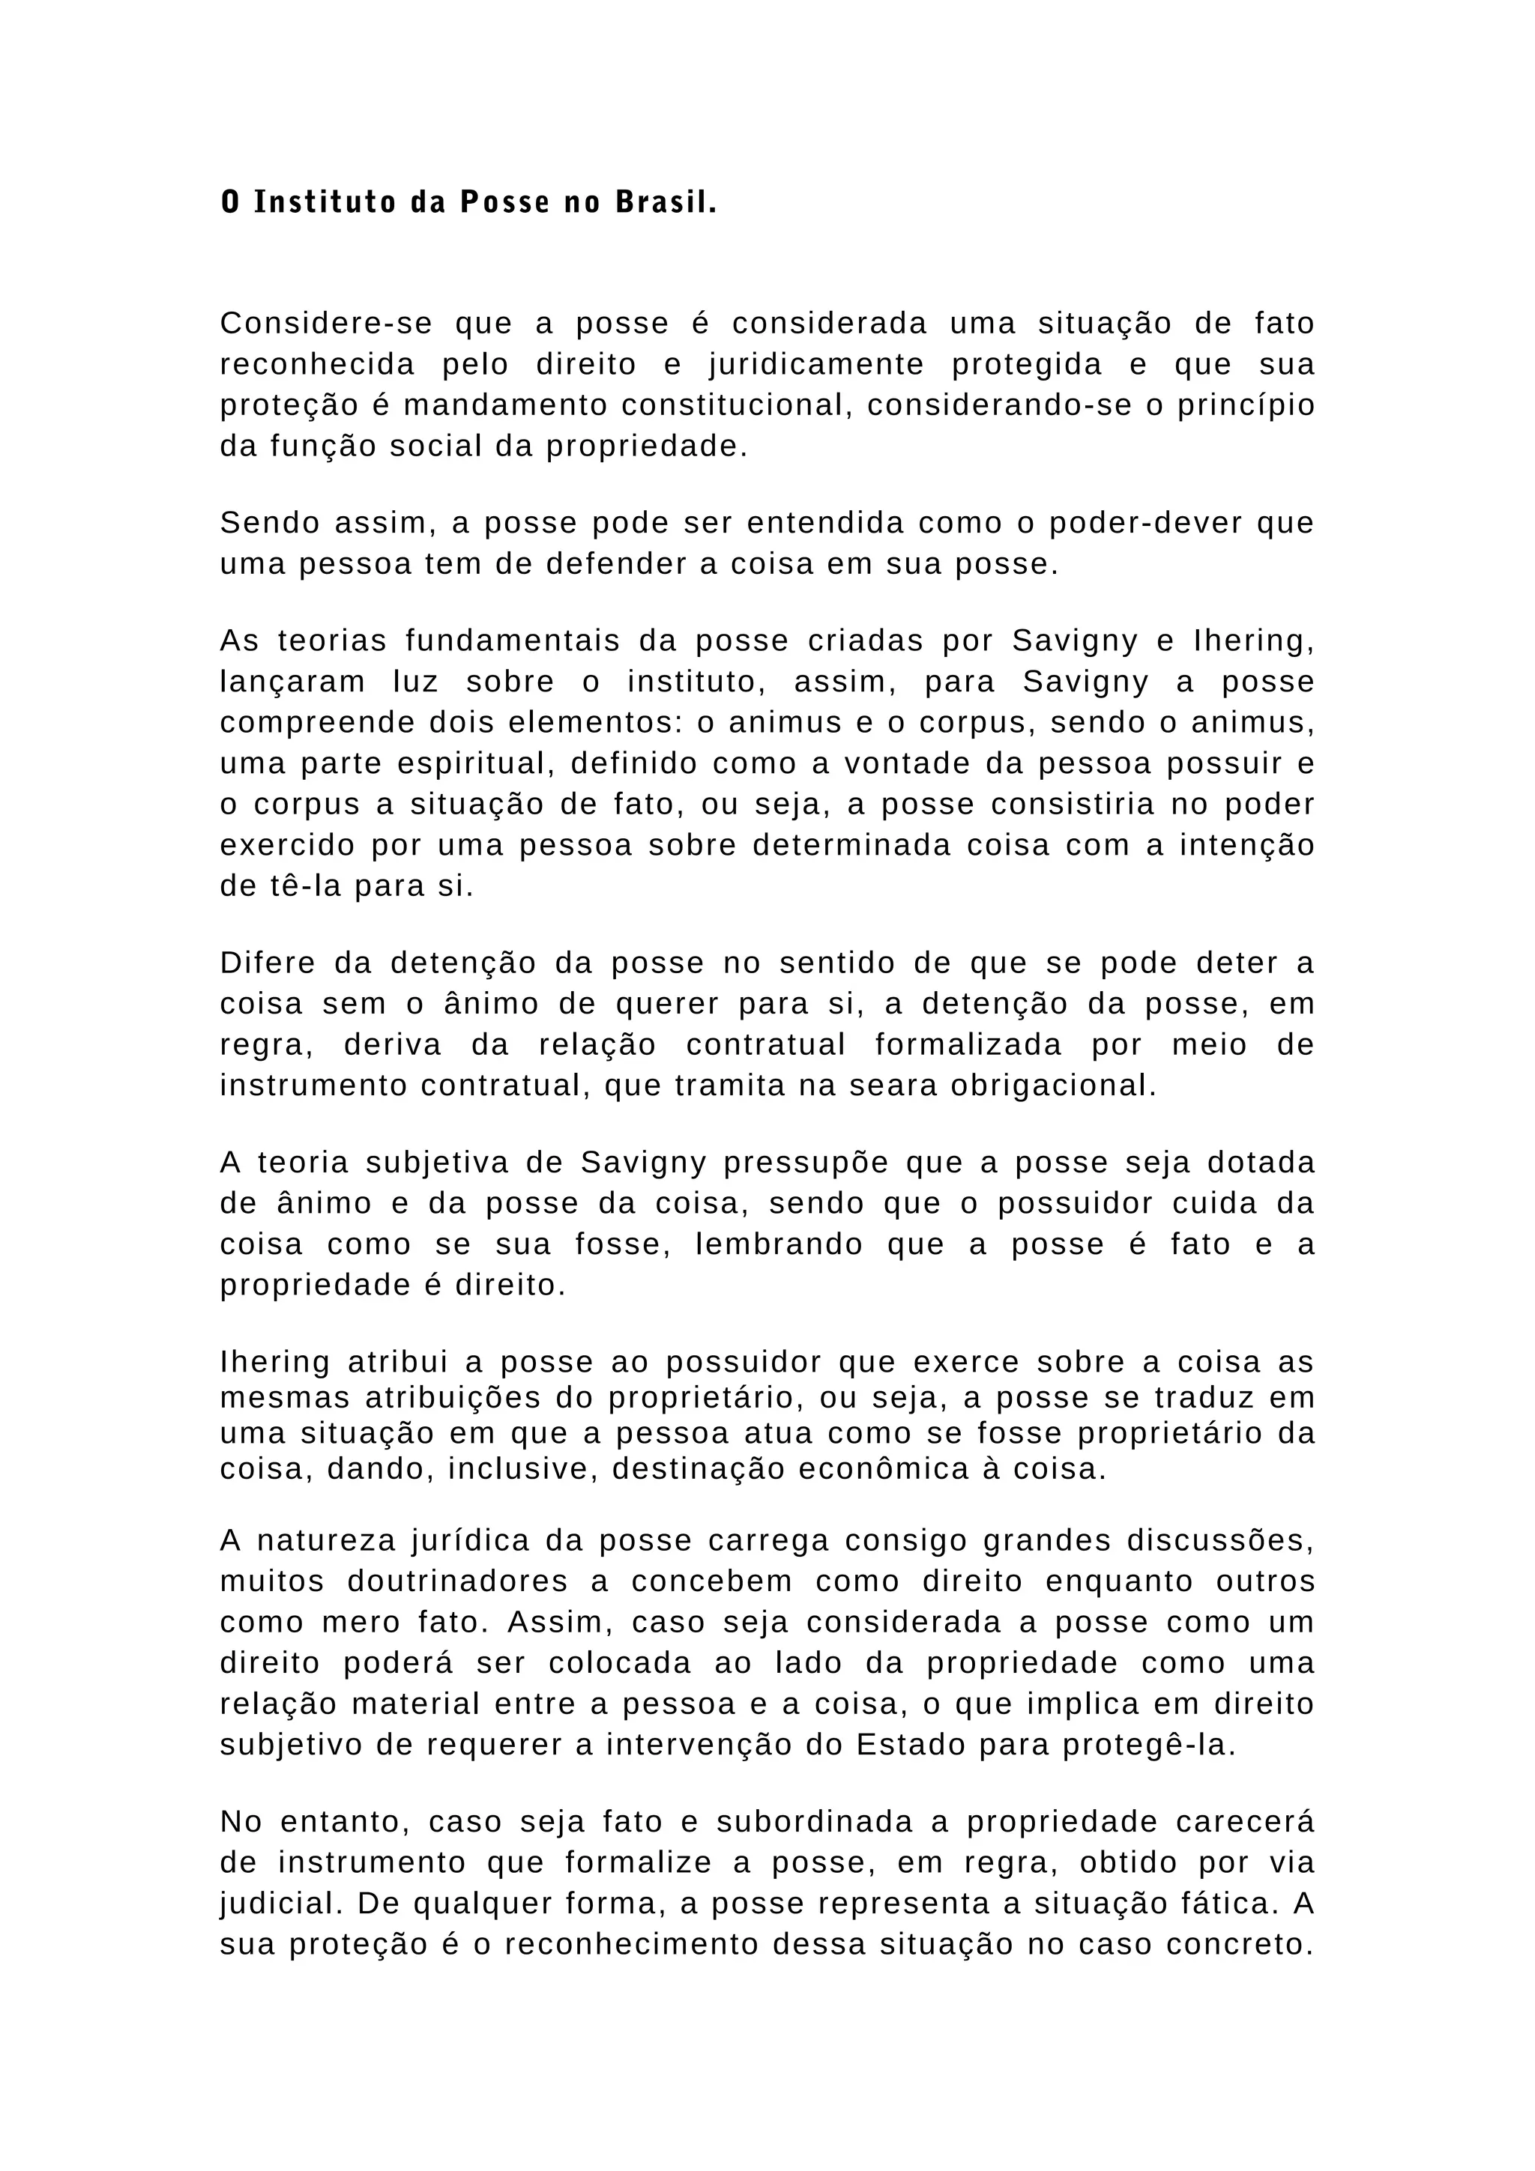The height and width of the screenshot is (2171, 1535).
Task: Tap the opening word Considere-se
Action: click(x=326, y=324)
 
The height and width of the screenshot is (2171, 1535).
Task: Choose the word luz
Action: click(x=416, y=682)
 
